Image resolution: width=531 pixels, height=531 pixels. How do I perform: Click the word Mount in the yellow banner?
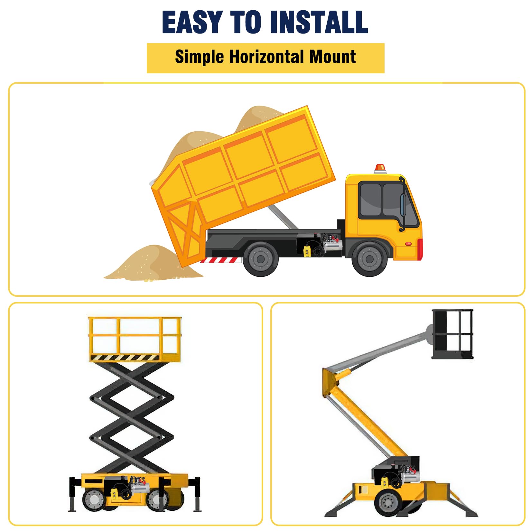pos(332,57)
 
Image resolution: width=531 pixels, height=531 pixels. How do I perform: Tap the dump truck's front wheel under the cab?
pos(369,258)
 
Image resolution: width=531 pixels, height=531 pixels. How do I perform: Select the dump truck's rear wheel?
pos(261,258)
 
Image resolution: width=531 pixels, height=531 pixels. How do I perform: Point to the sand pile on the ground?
pos(153,263)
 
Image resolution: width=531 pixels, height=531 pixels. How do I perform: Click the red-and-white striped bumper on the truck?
pos(221,260)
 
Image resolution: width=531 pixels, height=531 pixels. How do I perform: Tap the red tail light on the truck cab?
pos(420,249)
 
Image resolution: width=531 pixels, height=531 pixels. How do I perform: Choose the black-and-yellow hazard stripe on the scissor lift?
pos(125,358)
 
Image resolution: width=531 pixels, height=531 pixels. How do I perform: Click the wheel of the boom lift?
pos(388,503)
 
